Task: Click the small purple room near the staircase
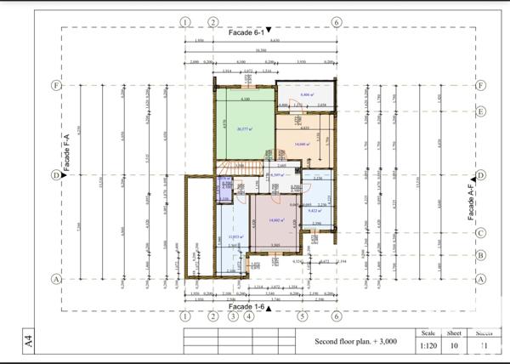pos(225,189)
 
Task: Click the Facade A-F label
pos(470,200)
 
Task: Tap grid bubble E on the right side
pos(481,111)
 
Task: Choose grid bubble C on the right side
pos(481,232)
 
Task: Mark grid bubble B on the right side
pos(481,254)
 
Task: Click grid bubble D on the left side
pos(56,175)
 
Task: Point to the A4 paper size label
pos(29,343)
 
